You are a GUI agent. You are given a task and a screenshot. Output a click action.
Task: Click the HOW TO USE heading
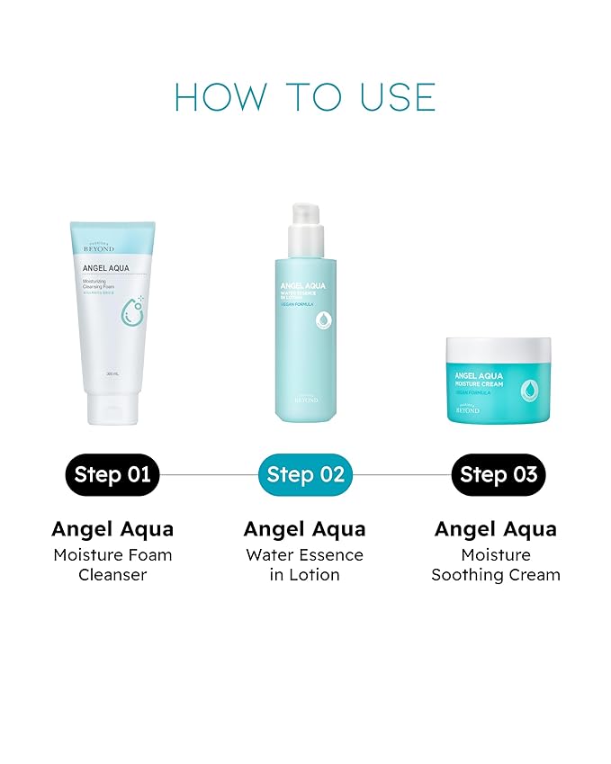tap(305, 97)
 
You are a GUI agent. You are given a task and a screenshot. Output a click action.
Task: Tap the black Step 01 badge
tap(112, 474)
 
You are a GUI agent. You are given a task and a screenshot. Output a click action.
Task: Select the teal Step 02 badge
tap(305, 474)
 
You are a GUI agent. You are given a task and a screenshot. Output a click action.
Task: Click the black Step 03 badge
tap(498, 474)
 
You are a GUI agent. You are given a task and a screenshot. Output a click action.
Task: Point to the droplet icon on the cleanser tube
tap(132, 310)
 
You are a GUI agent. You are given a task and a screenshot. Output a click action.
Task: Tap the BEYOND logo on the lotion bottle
tap(305, 400)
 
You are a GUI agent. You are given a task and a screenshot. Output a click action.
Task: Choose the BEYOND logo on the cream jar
tap(466, 409)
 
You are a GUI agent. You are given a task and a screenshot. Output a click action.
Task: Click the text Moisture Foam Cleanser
tap(112, 565)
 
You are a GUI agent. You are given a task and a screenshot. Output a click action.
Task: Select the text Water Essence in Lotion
tap(305, 565)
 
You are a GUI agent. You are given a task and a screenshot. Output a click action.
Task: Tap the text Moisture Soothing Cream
tap(496, 565)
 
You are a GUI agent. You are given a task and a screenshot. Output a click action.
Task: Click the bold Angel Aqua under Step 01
tap(112, 529)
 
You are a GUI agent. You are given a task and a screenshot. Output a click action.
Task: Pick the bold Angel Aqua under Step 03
tap(496, 529)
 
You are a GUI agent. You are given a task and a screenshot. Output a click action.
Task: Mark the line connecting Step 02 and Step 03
tap(401, 474)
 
